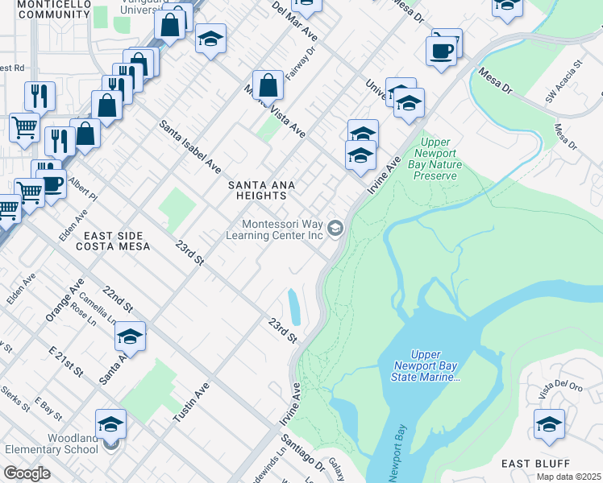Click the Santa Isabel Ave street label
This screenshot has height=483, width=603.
189,147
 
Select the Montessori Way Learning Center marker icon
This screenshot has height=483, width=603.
336,229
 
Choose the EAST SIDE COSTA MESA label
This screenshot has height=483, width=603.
117,240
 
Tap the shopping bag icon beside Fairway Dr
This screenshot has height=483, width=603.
267,84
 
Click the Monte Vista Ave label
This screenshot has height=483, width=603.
277,114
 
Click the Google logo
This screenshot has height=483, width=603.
27,473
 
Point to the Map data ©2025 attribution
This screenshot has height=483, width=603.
568,477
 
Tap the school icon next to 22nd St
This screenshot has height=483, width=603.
130,336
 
